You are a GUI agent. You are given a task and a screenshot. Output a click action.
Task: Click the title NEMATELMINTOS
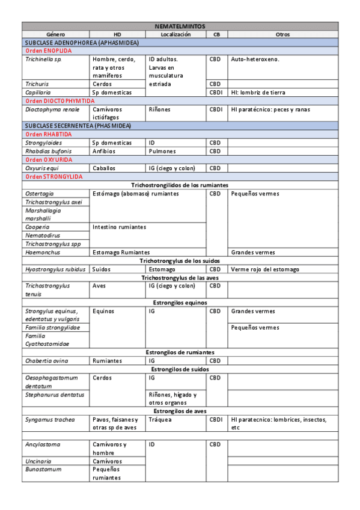[180, 26]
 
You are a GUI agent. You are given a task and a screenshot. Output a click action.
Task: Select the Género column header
[56, 34]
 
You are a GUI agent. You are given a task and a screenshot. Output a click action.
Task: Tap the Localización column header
[175, 34]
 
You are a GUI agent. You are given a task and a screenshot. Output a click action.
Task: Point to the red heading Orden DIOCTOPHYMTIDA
[60, 102]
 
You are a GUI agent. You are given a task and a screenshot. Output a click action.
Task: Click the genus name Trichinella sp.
[44, 60]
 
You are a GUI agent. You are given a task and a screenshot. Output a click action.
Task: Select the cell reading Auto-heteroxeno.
[255, 60]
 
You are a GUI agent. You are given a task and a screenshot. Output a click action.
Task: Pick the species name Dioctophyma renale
[52, 110]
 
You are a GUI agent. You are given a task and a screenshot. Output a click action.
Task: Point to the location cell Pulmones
[162, 152]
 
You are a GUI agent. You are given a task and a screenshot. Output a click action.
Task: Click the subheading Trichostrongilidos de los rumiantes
[180, 185]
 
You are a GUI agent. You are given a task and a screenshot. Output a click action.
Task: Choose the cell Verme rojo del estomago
[264, 269]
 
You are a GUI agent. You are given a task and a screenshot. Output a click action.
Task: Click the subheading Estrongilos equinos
[180, 303]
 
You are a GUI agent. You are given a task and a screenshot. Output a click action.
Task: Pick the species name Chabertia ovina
[47, 361]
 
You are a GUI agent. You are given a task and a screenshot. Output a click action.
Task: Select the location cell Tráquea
[160, 419]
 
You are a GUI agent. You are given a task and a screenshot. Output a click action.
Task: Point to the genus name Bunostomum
[44, 469]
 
